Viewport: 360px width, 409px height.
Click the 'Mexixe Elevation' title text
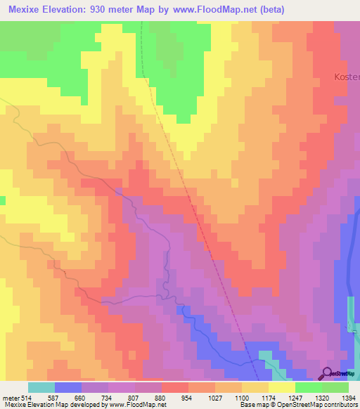[46, 9]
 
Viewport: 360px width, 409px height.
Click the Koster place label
[346, 76]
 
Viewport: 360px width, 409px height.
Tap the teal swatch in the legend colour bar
[41, 387]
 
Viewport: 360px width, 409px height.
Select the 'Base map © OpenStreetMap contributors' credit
[297, 405]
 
